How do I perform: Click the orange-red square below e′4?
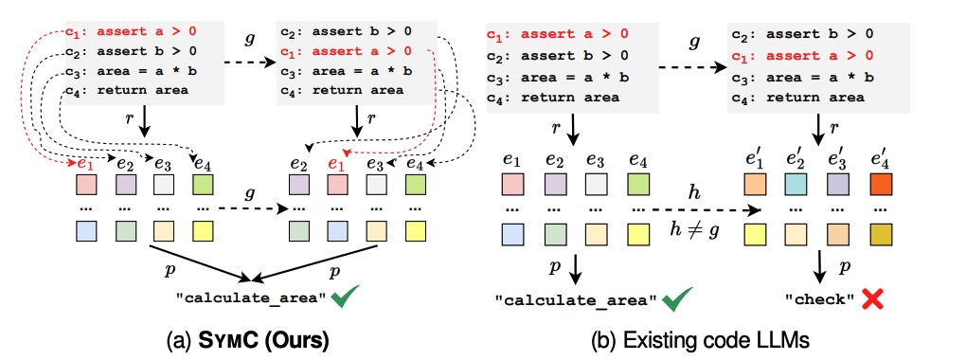(x=881, y=180)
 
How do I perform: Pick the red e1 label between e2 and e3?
(x=334, y=164)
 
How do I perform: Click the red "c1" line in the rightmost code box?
(x=800, y=54)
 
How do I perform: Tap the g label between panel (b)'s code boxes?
(x=694, y=44)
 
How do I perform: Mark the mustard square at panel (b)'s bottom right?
(x=881, y=232)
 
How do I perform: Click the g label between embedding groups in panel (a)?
(x=250, y=191)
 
